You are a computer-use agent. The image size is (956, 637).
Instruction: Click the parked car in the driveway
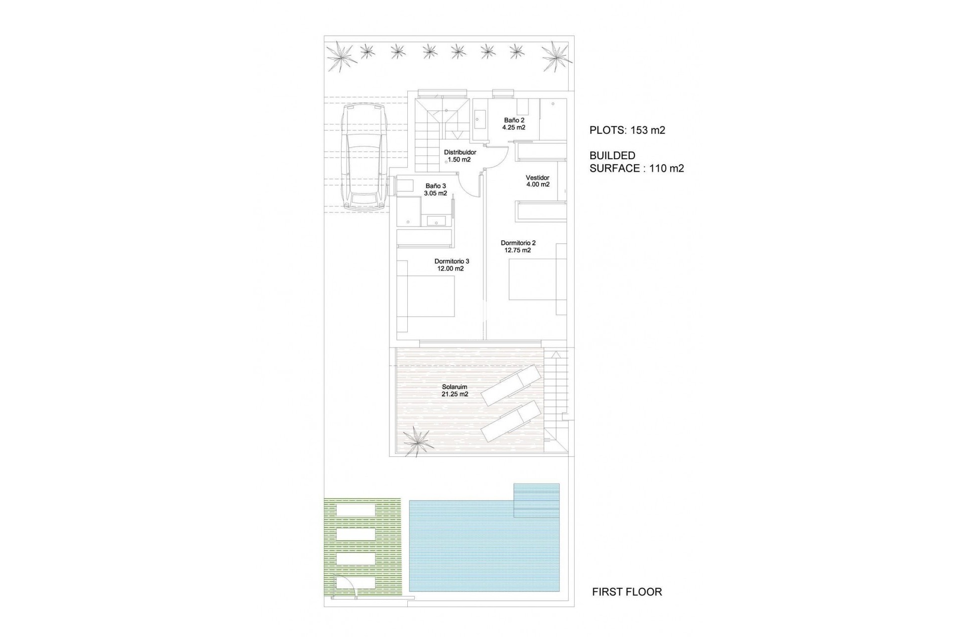pos(364,156)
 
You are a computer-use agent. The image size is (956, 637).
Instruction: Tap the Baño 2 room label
pos(514,120)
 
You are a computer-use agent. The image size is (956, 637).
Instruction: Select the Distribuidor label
pos(460,152)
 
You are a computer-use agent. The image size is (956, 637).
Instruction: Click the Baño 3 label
pos(436,186)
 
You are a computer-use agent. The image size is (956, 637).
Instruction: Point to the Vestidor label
pos(537,178)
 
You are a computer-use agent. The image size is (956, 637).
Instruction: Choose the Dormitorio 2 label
pos(518,243)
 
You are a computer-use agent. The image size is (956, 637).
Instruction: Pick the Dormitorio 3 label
pos(452,261)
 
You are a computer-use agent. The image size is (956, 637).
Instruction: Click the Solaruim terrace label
pos(455,387)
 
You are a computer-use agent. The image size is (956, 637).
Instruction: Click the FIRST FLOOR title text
pos(627,592)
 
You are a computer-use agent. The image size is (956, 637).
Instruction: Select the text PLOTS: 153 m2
pos(627,130)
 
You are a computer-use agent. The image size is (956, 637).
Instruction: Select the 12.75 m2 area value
pos(518,250)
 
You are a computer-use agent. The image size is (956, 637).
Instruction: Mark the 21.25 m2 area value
pos(455,394)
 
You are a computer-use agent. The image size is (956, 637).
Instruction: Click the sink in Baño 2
pos(479,120)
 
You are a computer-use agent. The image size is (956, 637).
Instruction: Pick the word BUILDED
pos(612,156)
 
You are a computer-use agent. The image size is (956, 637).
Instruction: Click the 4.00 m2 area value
pos(538,185)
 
